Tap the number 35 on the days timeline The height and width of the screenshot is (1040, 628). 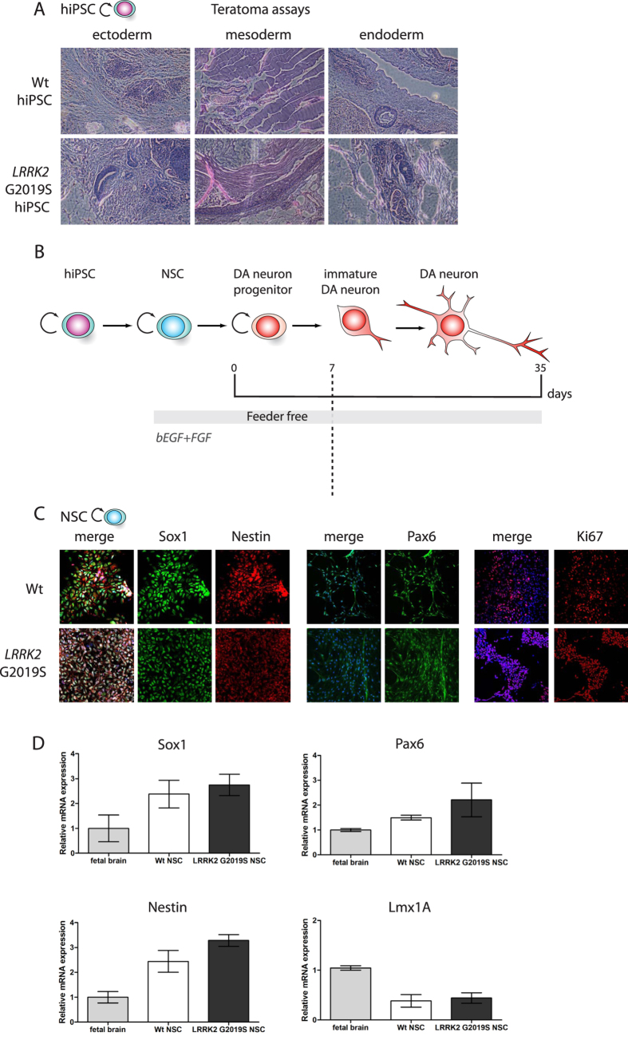541,367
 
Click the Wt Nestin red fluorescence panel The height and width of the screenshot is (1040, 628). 249,584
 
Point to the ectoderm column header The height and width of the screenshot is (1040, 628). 124,36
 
